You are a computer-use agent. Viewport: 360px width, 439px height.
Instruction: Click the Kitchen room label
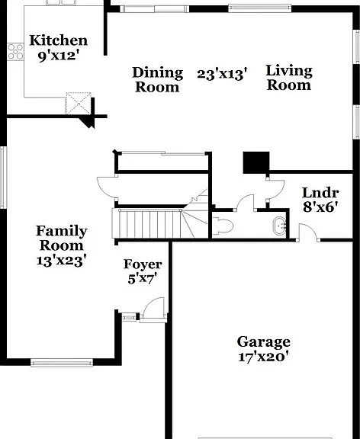click(x=58, y=40)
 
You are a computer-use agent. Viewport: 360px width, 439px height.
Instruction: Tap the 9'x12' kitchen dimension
click(x=57, y=56)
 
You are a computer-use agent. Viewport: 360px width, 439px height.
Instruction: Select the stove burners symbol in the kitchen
click(x=15, y=52)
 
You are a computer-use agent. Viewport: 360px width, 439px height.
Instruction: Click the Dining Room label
click(x=157, y=79)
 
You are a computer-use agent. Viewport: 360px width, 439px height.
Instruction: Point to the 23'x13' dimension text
click(x=222, y=75)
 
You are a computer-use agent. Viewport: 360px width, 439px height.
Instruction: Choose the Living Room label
click(x=289, y=78)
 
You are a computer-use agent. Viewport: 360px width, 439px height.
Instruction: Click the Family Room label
click(x=62, y=239)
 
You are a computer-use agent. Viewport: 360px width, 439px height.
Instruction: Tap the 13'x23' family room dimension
click(x=60, y=261)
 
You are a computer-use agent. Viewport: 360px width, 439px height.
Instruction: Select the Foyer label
click(x=143, y=264)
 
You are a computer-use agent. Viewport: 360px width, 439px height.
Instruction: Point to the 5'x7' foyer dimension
click(x=142, y=279)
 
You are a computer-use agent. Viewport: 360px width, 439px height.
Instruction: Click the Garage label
click(x=263, y=342)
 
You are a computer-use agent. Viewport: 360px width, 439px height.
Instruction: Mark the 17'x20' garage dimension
click(x=263, y=357)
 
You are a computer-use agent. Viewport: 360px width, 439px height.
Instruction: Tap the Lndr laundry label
click(x=320, y=193)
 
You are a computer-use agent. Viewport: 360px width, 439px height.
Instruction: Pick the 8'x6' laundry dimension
click(x=320, y=207)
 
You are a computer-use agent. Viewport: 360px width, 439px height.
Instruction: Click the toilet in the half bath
click(x=223, y=226)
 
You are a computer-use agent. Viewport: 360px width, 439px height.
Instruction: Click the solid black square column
click(x=256, y=162)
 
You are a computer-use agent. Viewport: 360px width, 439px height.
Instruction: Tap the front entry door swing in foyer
click(x=153, y=308)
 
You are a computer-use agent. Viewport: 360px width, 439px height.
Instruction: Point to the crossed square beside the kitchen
click(x=79, y=103)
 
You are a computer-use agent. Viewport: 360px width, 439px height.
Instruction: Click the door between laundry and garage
click(x=308, y=232)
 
